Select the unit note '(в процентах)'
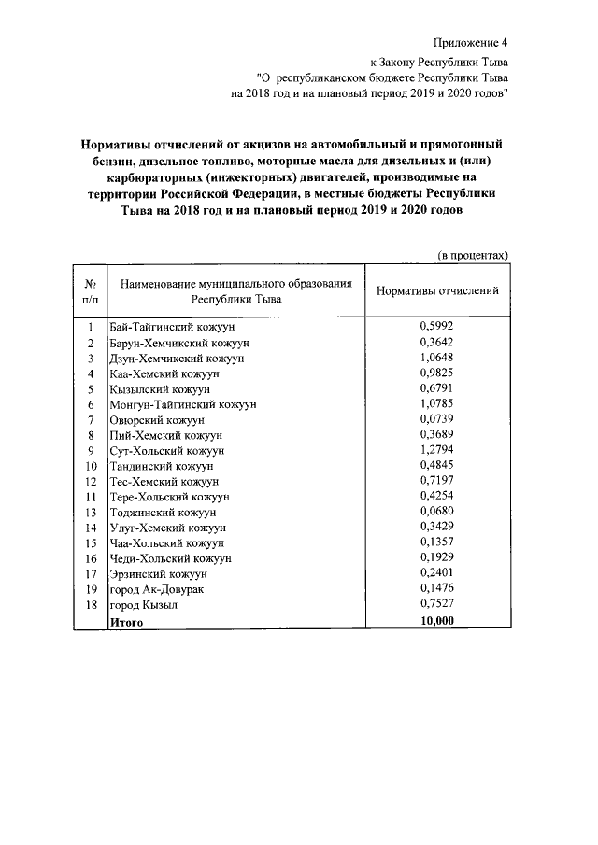pyautogui.click(x=474, y=254)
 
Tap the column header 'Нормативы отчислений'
pyautogui.click(x=437, y=290)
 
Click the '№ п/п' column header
pyautogui.click(x=91, y=291)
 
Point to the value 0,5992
pyautogui.click(x=436, y=327)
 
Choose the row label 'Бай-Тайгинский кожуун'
pyautogui.click(x=171, y=328)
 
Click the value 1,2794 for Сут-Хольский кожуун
pyautogui.click(x=436, y=450)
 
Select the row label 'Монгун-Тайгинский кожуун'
pyautogui.click(x=182, y=404)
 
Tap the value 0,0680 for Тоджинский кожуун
pyautogui.click(x=436, y=512)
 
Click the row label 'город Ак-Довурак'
pyautogui.click(x=156, y=588)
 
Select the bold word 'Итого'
pyautogui.click(x=126, y=620)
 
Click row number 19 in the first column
pyautogui.click(x=91, y=588)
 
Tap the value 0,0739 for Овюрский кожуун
pyautogui.click(x=436, y=419)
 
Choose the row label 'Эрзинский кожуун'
pyautogui.click(x=158, y=573)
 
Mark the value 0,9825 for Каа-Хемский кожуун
pyautogui.click(x=436, y=373)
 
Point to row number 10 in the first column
pyautogui.click(x=91, y=466)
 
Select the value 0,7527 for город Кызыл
pyautogui.click(x=436, y=604)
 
